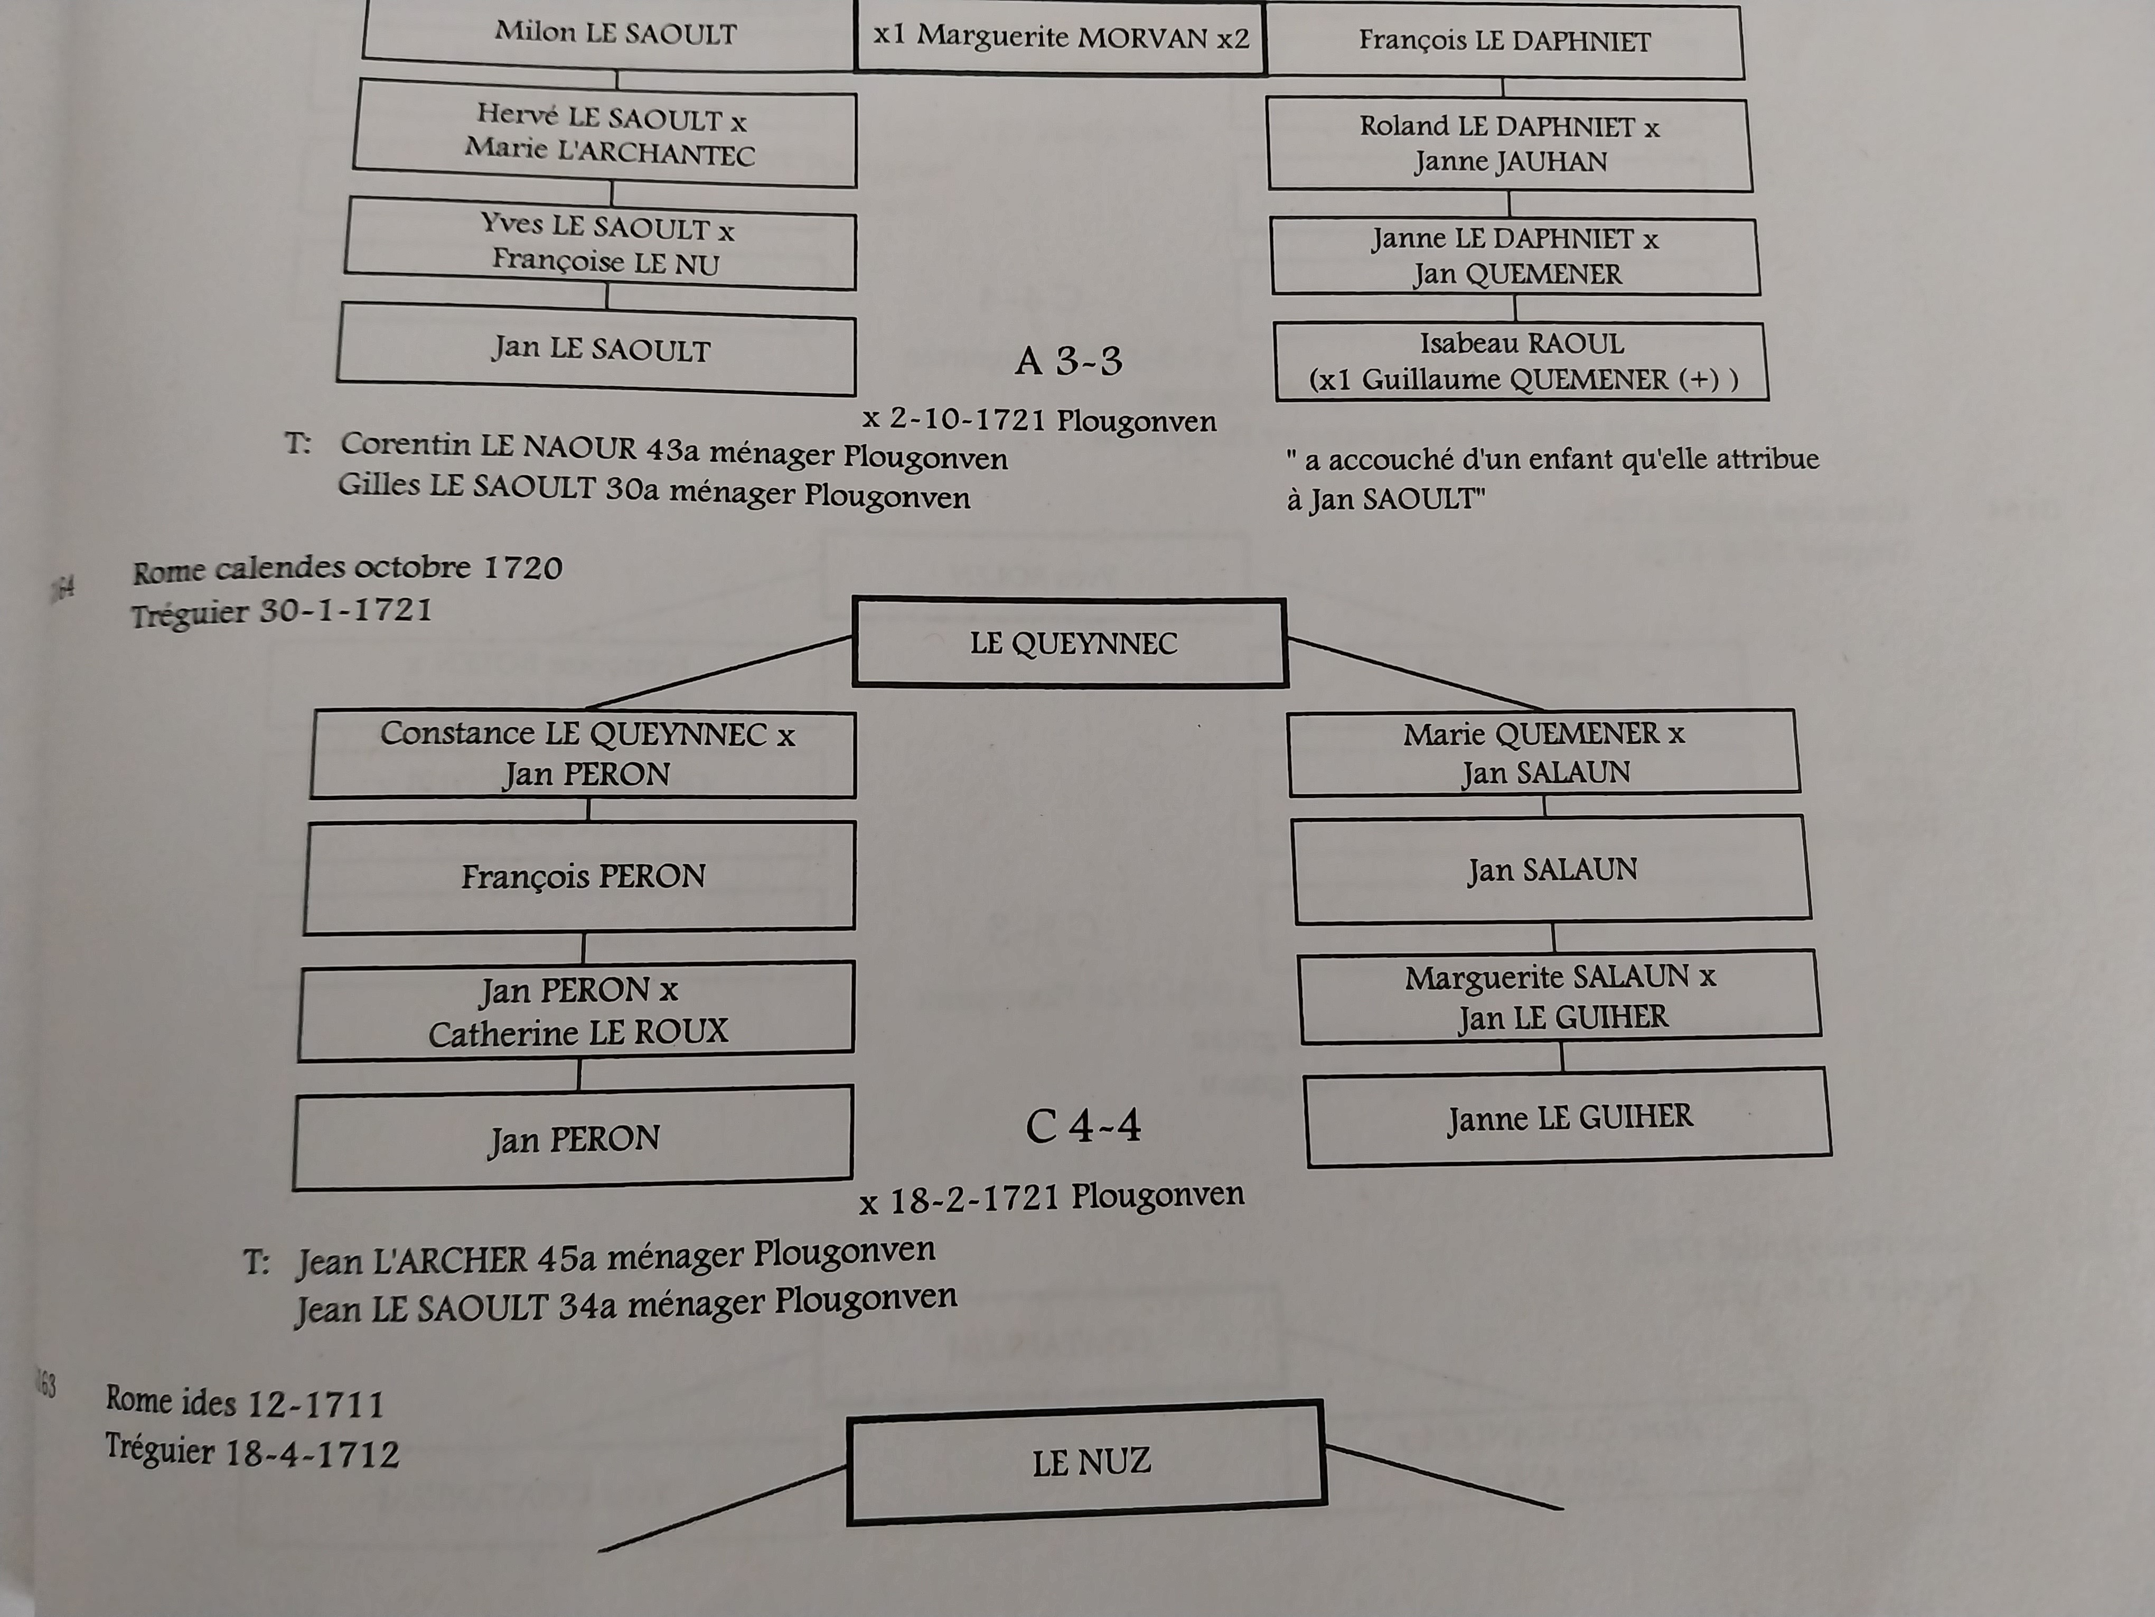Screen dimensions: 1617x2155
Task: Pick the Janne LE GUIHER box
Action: pos(1569,1117)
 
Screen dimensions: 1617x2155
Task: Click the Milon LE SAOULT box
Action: pos(614,35)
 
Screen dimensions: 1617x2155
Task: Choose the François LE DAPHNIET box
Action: pos(1504,42)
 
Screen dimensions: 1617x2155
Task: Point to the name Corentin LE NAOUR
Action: pos(487,447)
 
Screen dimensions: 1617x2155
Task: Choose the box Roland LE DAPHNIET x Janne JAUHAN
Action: pos(1509,144)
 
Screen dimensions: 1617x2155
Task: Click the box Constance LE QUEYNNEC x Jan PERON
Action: pos(585,755)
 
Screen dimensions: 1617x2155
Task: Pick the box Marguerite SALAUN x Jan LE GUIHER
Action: pos(1560,996)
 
